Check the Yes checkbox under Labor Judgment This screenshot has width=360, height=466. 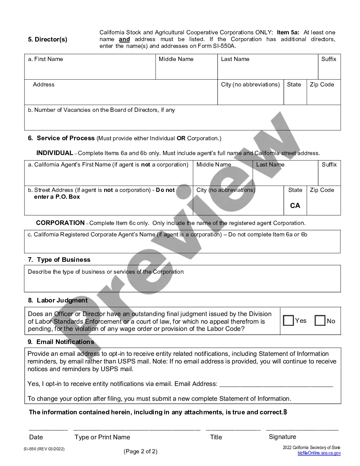tap(288, 321)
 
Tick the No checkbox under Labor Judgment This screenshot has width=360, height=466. tap(320, 321)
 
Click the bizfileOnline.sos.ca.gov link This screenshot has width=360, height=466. tap(318, 453)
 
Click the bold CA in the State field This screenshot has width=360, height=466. tap(295, 205)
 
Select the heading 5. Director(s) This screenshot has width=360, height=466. tap(47, 39)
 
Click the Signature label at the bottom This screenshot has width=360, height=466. tap(282, 437)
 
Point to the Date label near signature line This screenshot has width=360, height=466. tap(36, 437)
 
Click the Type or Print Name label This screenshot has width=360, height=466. tap(102, 437)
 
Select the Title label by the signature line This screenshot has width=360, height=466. tap(216, 437)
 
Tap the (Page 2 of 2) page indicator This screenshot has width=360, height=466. tap(141, 451)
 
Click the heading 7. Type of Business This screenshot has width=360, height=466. tap(59, 260)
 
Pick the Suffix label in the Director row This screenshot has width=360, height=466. tap(329, 59)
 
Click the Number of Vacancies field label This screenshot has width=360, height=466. tap(101, 110)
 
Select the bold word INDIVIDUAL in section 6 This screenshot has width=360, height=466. tap(55, 153)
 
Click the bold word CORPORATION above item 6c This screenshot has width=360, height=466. tap(60, 223)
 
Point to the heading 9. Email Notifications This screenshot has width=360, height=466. tap(61, 342)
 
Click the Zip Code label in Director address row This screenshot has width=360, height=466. tap(322, 84)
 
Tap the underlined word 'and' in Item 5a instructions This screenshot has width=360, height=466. tap(124, 39)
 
